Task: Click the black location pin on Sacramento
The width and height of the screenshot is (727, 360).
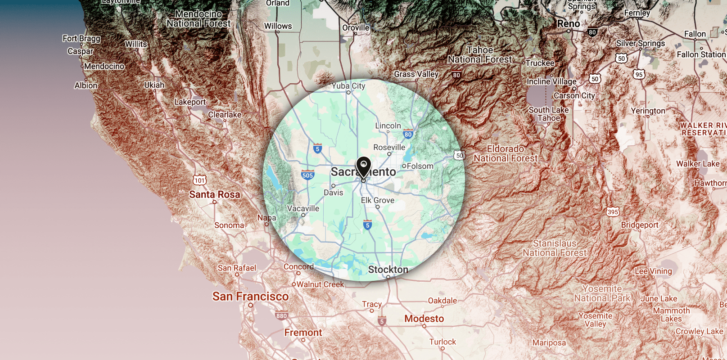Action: (363, 167)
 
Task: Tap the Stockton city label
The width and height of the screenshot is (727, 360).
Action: (388, 270)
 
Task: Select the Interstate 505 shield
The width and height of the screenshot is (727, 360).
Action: (307, 175)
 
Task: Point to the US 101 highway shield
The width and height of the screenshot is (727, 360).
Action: (199, 180)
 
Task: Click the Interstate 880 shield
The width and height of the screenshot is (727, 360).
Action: (281, 316)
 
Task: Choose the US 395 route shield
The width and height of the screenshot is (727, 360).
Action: (613, 211)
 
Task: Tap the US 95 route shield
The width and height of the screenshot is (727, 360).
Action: (639, 74)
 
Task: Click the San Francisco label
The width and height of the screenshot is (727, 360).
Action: (250, 297)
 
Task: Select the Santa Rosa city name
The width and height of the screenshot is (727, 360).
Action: (214, 194)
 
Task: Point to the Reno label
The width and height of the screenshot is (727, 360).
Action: (569, 24)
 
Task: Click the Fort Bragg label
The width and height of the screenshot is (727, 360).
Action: (81, 39)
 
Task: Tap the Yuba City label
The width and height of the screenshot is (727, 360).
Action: (348, 86)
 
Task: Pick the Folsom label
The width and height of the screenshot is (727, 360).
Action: (420, 166)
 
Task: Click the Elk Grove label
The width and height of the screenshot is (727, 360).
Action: (378, 200)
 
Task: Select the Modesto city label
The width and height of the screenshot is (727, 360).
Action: (424, 319)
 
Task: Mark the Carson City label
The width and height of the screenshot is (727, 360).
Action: (574, 95)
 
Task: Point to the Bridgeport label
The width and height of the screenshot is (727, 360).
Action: (640, 225)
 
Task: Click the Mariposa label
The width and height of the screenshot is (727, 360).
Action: (549, 342)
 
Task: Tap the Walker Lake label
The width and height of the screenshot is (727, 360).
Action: (698, 164)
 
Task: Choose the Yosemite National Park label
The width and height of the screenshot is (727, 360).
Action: (602, 293)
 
